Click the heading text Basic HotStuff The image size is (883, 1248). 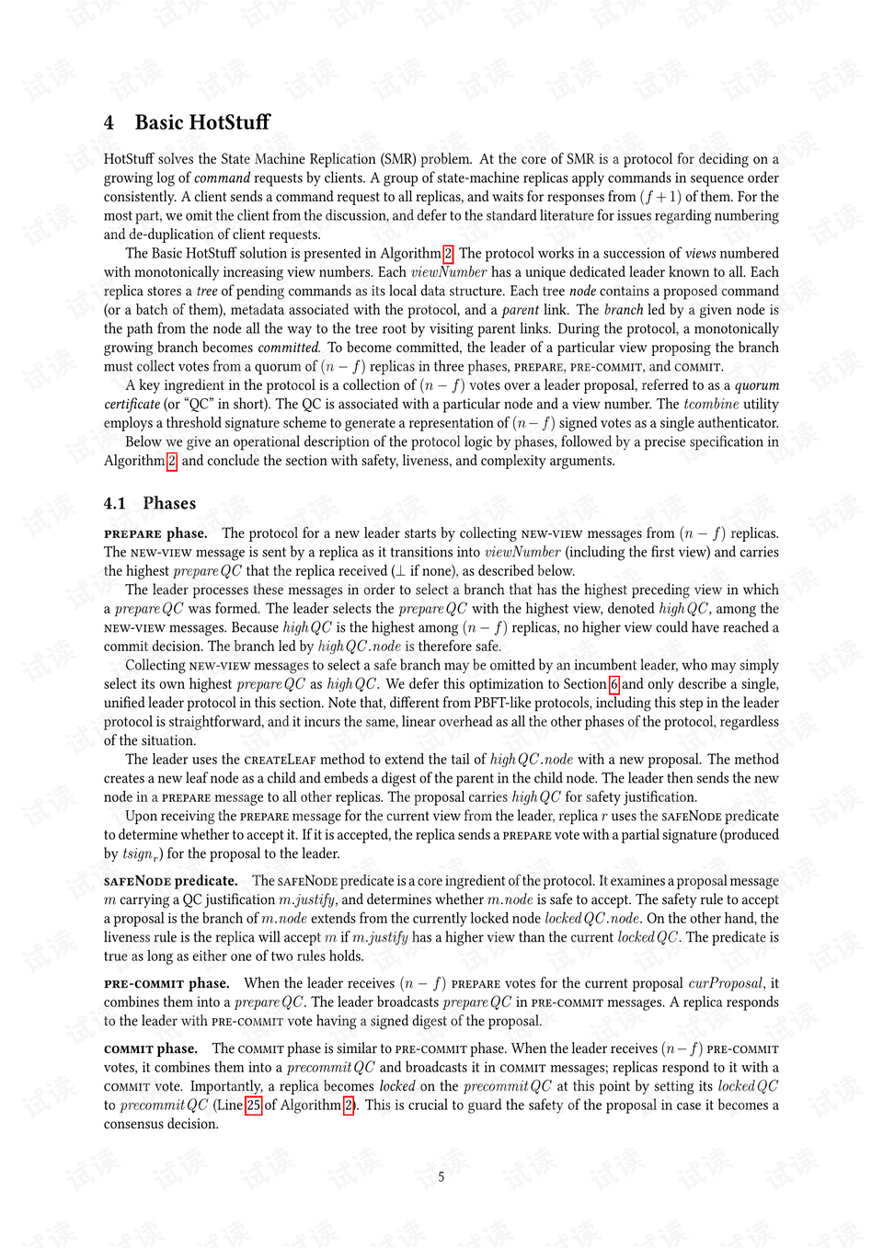202,122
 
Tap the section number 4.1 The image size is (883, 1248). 114,503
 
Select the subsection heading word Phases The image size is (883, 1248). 169,503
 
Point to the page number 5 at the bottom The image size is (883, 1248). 441,1176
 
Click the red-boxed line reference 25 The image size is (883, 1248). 254,1105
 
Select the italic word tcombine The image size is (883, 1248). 711,404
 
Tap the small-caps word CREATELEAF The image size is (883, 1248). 280,760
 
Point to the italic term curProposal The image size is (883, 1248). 726,983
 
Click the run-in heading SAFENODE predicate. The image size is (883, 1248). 171,880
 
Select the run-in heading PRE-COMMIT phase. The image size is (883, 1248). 166,983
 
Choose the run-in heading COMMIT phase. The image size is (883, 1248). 151,1048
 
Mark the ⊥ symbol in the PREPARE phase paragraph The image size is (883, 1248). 400,571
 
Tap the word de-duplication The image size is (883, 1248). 173,235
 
